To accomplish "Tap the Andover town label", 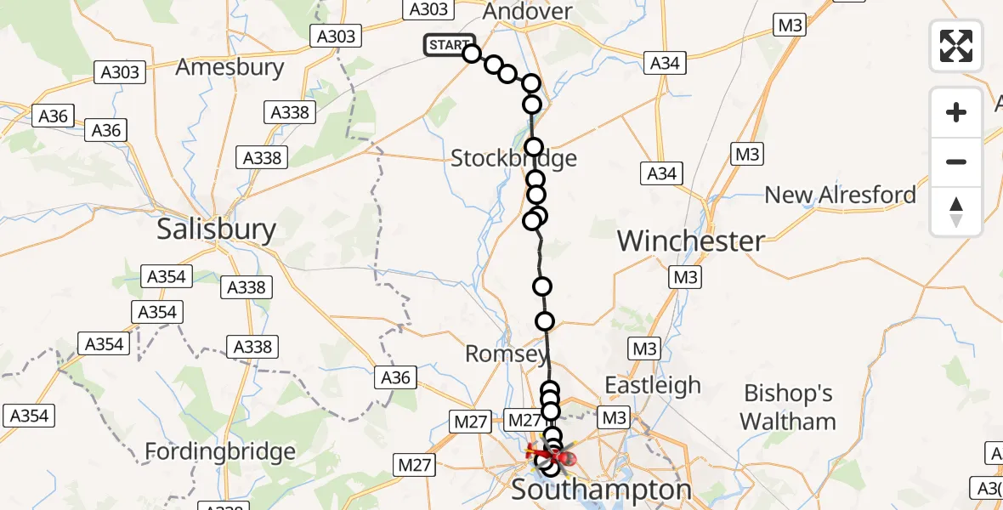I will [x=527, y=12].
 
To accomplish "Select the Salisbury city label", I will [x=217, y=229].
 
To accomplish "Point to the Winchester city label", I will [x=691, y=241].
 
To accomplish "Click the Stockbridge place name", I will [x=513, y=158].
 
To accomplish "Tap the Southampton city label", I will [x=602, y=490].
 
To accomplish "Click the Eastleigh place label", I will [x=653, y=385].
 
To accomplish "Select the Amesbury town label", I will [x=229, y=67].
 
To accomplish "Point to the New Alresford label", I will [x=840, y=195].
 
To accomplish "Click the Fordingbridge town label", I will [x=220, y=450].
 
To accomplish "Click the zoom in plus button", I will [x=956, y=112].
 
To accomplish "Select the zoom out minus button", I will [x=956, y=161].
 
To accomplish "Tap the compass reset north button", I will [x=956, y=211].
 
